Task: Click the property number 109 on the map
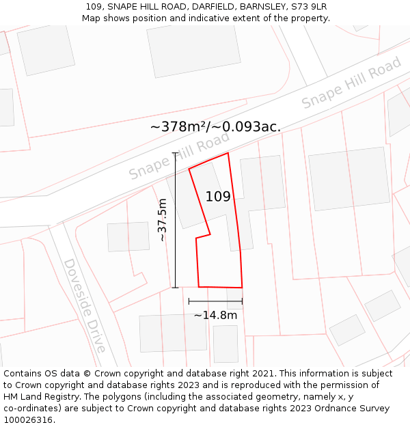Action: coord(218,197)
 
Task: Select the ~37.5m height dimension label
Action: coord(163,220)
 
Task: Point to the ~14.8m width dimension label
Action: coord(215,315)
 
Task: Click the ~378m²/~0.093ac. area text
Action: coord(215,126)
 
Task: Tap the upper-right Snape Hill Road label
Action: coord(351,83)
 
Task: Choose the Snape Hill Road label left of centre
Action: coord(179,156)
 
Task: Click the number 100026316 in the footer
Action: coord(29,420)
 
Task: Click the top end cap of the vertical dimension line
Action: coord(176,153)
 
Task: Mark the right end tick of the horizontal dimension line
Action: coord(242,301)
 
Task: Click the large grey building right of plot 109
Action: coord(348,178)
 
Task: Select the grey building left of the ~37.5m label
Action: coord(128,236)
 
